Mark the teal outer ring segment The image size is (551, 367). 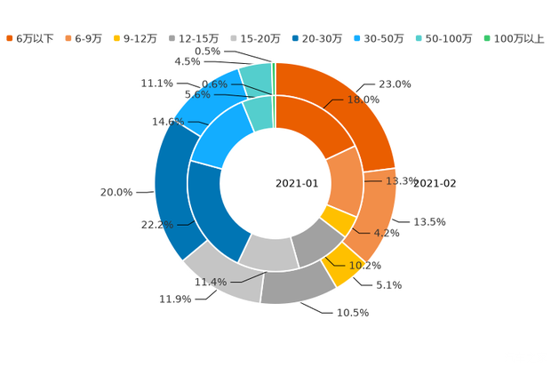[257, 76]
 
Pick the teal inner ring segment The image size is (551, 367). [259, 111]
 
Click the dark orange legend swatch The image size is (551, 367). [9, 38]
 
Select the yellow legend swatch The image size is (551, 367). [117, 38]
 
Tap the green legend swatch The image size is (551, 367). [486, 38]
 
